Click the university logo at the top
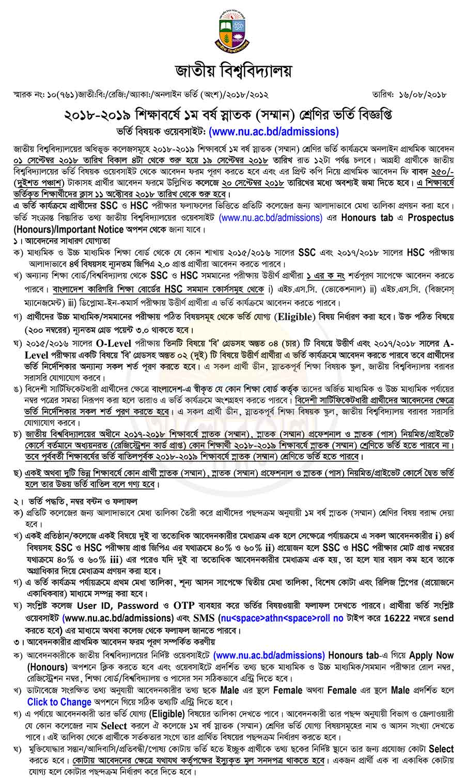232,32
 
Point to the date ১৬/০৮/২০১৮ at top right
421,95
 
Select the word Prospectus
430,218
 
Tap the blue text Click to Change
59,702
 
